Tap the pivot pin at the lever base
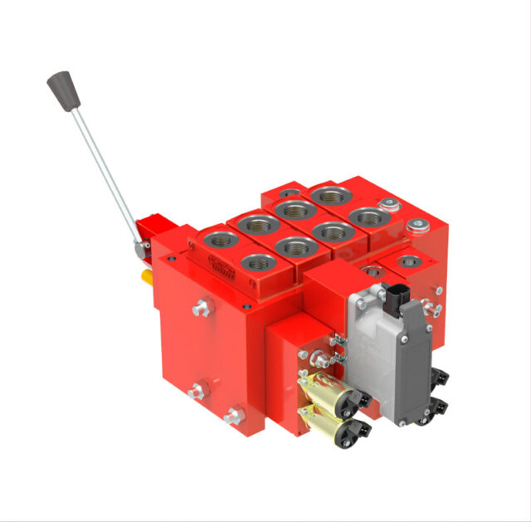pyautogui.click(x=142, y=246)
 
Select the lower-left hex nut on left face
pyautogui.click(x=197, y=390)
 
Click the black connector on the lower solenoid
pyautogui.click(x=360, y=429)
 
